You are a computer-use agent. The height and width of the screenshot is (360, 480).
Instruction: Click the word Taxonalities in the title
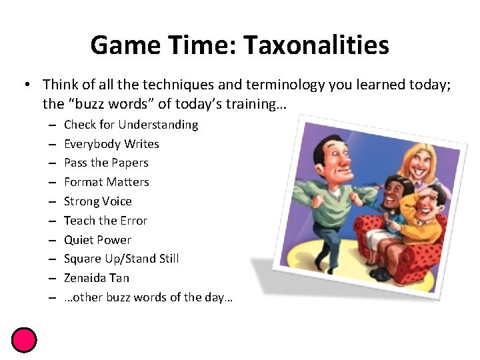[316, 45]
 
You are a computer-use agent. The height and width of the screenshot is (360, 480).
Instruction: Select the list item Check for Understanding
[131, 125]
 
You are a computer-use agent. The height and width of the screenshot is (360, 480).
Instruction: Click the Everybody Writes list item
[111, 144]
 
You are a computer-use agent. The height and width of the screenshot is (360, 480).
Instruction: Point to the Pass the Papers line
[106, 163]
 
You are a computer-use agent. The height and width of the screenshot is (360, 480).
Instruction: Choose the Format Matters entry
[107, 182]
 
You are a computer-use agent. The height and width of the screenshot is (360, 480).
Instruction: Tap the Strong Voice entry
[98, 201]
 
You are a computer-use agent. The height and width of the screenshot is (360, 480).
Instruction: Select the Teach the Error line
[105, 221]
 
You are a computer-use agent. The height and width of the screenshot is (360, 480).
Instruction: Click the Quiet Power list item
[97, 240]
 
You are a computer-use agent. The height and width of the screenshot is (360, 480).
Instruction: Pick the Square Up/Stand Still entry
[121, 259]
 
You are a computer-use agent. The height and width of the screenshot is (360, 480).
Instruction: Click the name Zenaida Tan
[97, 278]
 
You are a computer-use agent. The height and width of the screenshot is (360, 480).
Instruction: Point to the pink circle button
[24, 340]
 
